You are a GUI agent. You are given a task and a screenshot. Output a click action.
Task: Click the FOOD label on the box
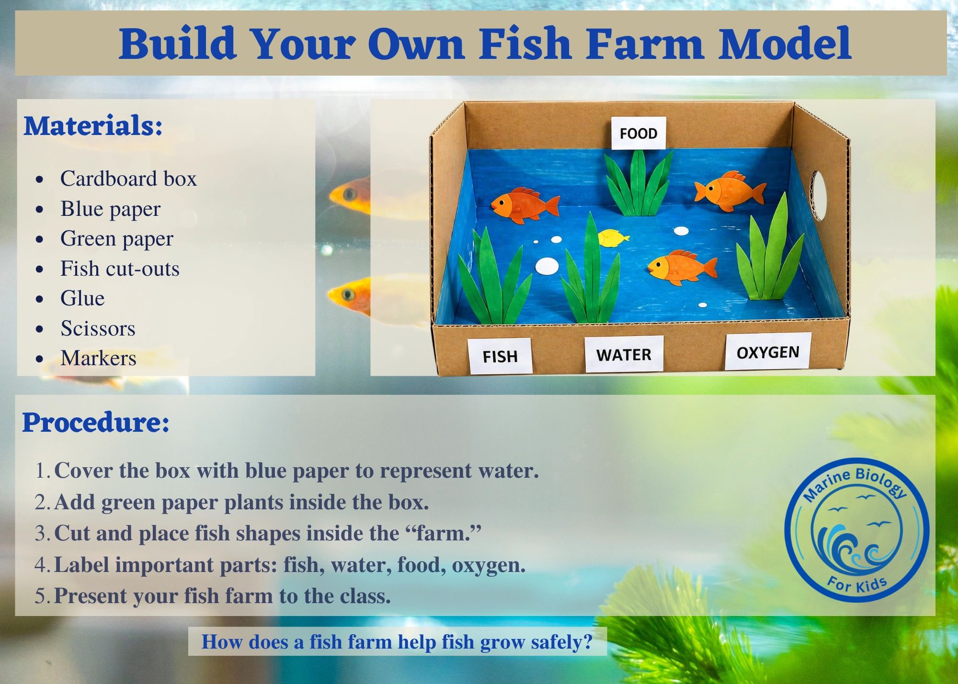coord(639,133)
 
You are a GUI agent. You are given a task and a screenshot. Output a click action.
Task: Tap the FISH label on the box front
coord(500,356)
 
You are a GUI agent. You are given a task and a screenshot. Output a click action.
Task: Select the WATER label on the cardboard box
coord(624,354)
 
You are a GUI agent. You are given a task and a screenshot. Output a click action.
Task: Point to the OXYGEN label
coord(768,352)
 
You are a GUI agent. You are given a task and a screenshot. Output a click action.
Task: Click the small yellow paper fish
coord(613,238)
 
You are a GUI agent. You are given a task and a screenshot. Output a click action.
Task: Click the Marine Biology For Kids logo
coord(857,530)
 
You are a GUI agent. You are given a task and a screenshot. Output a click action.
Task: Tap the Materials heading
coord(93,126)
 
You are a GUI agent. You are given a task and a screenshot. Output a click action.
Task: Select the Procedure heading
coord(96,423)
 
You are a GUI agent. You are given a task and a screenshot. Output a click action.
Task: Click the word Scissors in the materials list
coord(98,328)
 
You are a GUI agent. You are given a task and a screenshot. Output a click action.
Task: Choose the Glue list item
coord(82,298)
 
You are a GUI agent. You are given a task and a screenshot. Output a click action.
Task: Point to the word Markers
coord(98,358)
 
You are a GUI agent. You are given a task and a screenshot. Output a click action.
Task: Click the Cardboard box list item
coord(128,179)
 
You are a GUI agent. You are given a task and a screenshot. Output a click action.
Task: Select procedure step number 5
coord(213,596)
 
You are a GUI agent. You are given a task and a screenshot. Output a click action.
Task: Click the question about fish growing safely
coord(397,641)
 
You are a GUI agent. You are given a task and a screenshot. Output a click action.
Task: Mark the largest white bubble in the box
coord(547,266)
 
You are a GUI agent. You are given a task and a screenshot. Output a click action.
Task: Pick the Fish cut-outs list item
coord(120,269)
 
